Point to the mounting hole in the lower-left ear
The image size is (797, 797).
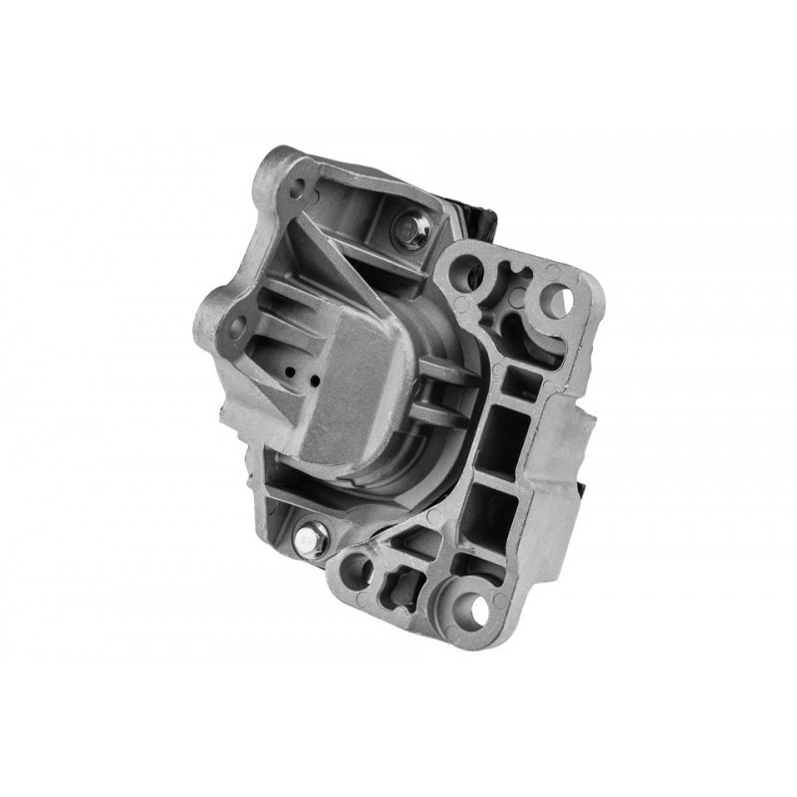pyautogui.click(x=236, y=326)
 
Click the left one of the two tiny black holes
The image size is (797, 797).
pyautogui.click(x=289, y=371)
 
